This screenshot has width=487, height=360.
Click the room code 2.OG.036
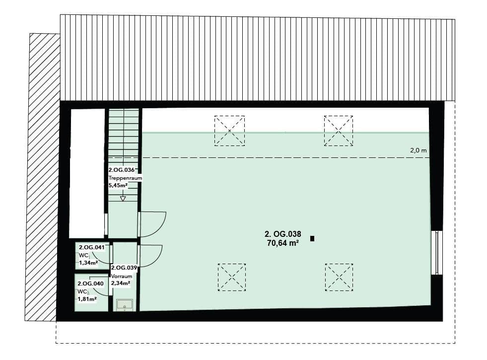121,169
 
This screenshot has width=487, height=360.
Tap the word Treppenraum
122,177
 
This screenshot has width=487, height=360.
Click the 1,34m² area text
87,263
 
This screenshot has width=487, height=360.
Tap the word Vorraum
122,276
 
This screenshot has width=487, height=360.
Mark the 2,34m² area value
121,284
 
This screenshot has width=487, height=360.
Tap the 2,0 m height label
418,150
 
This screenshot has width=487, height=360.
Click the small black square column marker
312,239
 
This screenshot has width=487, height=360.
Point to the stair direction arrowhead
123,199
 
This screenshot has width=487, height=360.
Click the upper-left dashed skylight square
229,131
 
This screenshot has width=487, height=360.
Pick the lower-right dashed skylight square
339,277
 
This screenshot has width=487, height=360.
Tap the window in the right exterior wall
436,252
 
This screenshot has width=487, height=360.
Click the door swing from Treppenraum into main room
151,224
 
